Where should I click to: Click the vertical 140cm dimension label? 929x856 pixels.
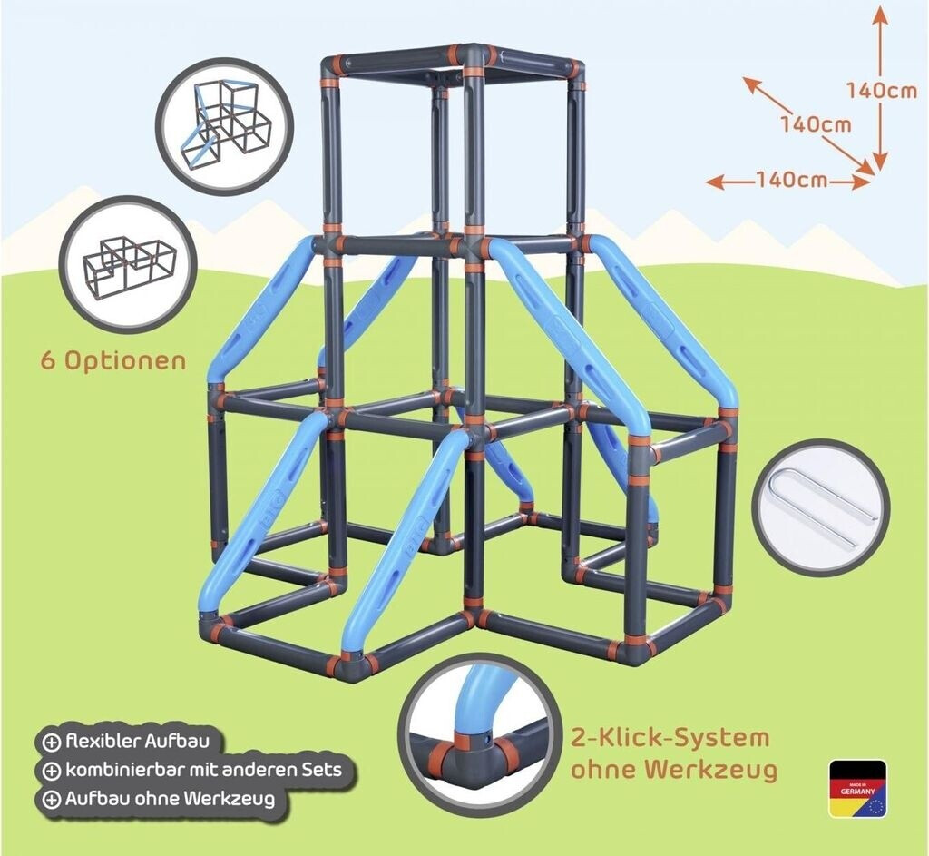point(881,90)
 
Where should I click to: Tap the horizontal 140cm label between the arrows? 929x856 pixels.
point(791,180)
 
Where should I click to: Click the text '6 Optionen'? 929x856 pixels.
point(113,359)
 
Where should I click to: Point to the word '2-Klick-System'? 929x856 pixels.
point(670,737)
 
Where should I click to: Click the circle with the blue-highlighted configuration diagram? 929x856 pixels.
point(223,126)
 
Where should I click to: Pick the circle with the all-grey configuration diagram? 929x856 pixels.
point(128,264)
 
